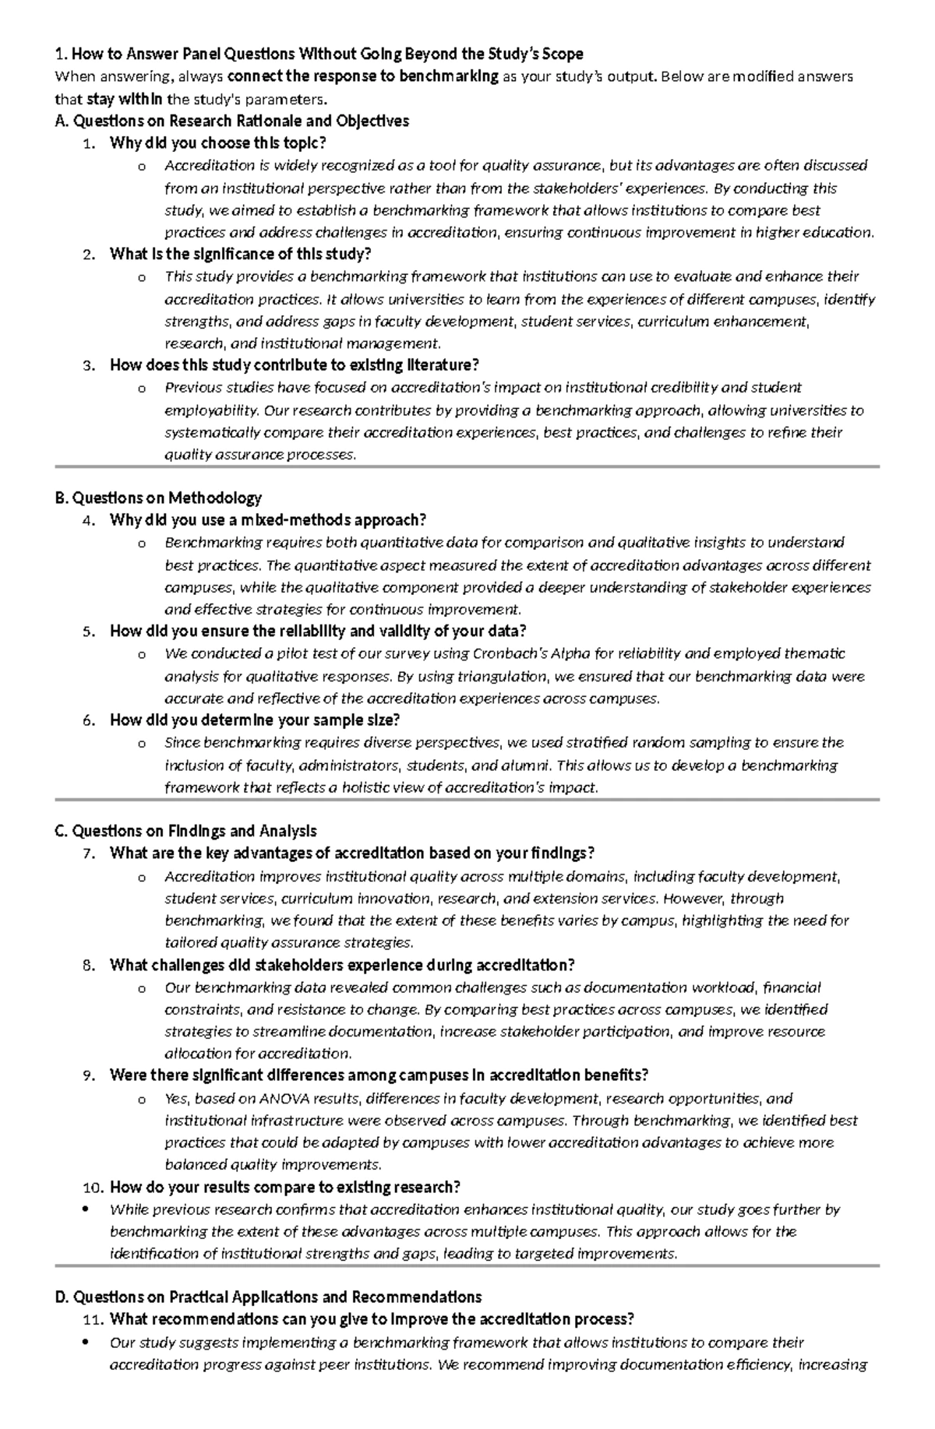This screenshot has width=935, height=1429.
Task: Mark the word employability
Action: [x=211, y=410]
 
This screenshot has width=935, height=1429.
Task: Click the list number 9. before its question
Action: [x=89, y=1075]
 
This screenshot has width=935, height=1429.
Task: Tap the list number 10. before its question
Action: [x=93, y=1187]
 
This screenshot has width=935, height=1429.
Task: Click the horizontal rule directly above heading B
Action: [x=467, y=466]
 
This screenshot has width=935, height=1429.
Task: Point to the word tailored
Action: [x=192, y=942]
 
